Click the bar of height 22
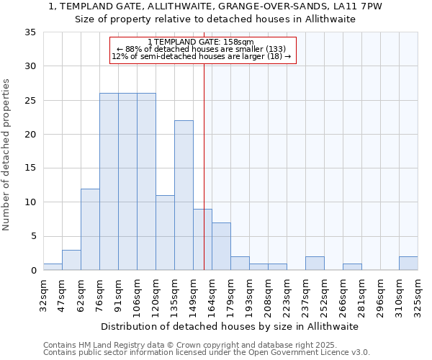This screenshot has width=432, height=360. click(184, 195)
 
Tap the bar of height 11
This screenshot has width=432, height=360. click(165, 233)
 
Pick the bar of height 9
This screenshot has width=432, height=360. click(202, 239)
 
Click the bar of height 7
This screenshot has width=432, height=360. click(221, 246)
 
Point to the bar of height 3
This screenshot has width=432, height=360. click(71, 260)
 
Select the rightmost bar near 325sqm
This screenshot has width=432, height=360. click(408, 263)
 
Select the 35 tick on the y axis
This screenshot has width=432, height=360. click(31, 32)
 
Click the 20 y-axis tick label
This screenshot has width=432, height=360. click(31, 134)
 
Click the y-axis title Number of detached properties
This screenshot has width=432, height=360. click(7, 155)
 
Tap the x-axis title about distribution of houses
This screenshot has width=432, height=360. click(230, 326)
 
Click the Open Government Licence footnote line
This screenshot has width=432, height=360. click(207, 352)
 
